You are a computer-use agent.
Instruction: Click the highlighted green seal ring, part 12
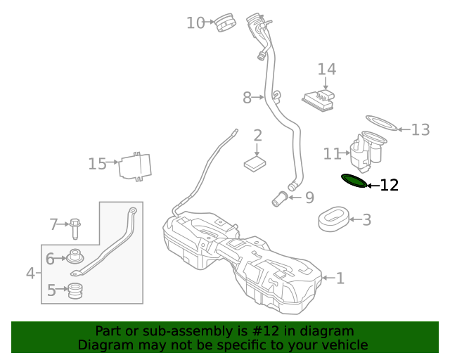[x=354, y=181]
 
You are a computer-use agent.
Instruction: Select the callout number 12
[x=389, y=186]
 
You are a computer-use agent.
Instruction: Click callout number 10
[x=195, y=23]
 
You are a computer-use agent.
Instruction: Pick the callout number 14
[x=326, y=70]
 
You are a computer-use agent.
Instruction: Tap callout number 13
[x=420, y=130]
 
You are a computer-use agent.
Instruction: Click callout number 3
[x=366, y=220]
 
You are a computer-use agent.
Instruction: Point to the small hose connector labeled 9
[x=281, y=199]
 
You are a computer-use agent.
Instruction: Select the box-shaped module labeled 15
[x=135, y=167]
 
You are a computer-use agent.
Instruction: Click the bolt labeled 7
[x=75, y=227]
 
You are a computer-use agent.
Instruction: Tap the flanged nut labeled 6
[x=75, y=258]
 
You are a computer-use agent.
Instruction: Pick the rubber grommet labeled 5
[x=75, y=290]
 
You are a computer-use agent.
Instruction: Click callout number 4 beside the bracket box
[x=30, y=273]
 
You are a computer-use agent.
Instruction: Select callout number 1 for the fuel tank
[x=340, y=278]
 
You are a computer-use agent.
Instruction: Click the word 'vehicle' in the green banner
[x=341, y=345]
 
